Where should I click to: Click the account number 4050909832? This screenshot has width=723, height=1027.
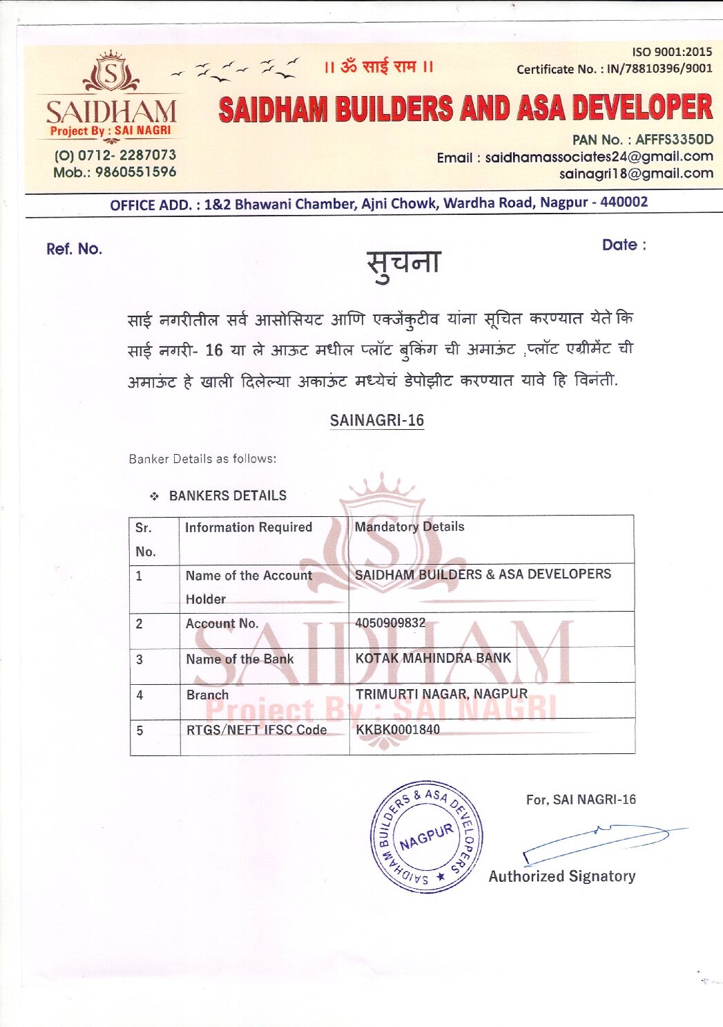pos(390,623)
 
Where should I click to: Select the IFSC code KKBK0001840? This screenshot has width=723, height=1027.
pos(398,729)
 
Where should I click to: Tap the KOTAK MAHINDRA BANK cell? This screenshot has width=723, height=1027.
pos(433,658)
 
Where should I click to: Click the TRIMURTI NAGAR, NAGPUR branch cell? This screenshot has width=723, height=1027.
pos(441,693)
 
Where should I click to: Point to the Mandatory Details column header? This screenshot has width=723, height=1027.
pos(409,527)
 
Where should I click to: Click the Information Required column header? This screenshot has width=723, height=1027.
pos(249,527)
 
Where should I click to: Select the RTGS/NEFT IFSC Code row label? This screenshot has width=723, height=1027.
pos(256,730)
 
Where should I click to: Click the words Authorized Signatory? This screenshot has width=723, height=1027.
pos(562,876)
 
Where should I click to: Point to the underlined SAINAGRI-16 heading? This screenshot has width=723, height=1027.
pos(376,420)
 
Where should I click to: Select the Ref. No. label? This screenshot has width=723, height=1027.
pos(74,249)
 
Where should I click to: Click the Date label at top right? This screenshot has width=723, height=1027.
pos(624,245)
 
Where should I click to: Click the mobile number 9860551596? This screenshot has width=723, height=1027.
pos(135,172)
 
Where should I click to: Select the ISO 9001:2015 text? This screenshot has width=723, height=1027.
pos(671,52)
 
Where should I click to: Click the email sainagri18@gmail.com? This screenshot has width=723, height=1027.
pos(636,173)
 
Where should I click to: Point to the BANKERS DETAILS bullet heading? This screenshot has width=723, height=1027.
pos(227,496)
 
